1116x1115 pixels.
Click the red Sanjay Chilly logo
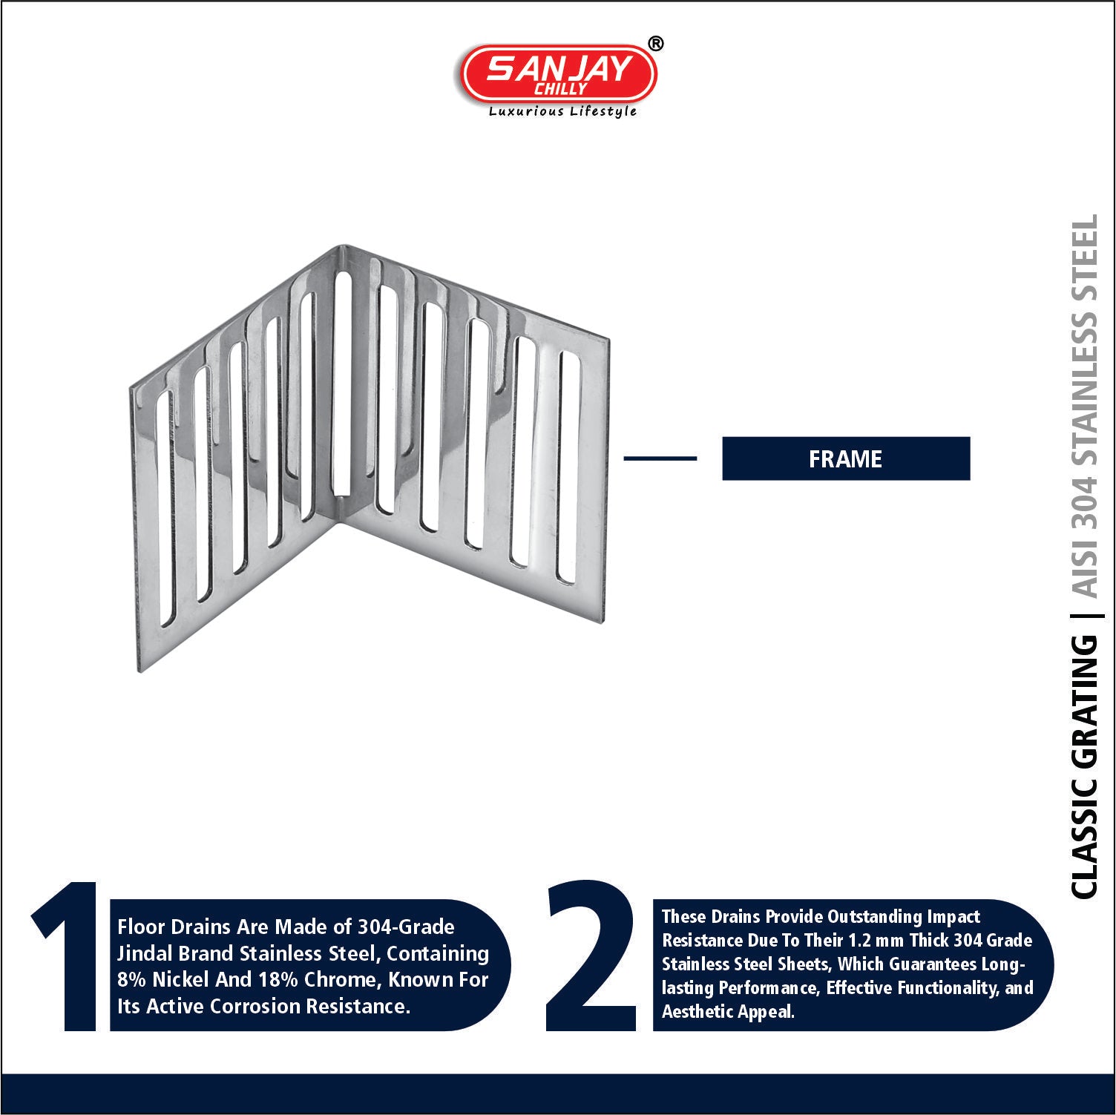(x=558, y=73)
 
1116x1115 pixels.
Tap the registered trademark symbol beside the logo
(x=655, y=44)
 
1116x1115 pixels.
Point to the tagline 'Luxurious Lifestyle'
(x=562, y=111)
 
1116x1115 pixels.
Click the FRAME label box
(x=846, y=458)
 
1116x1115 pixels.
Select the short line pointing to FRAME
(x=660, y=458)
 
